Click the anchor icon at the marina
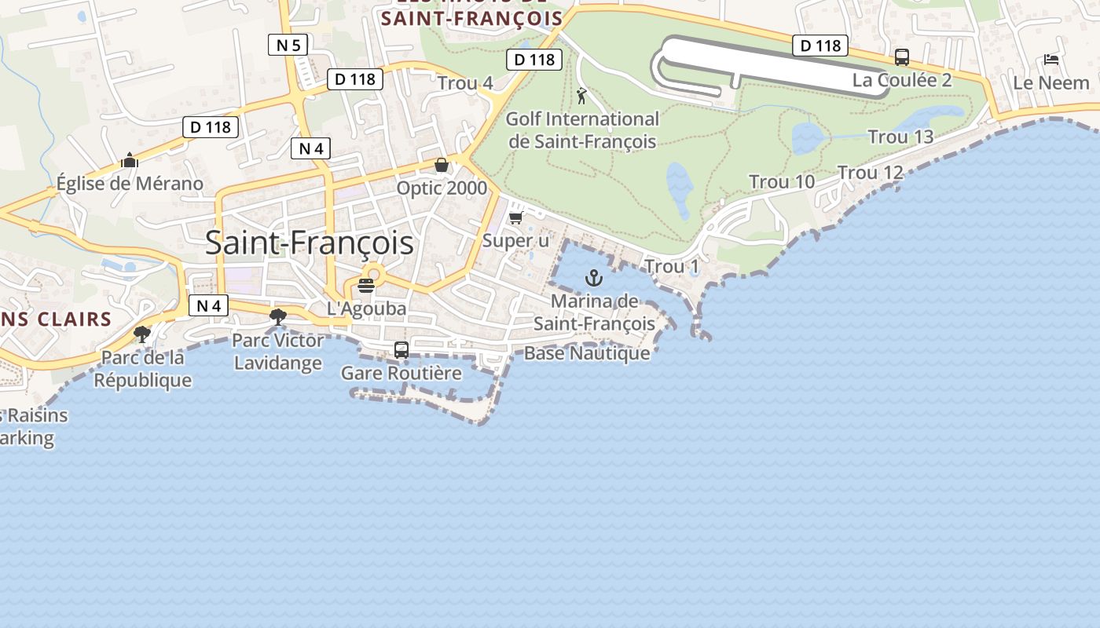594,278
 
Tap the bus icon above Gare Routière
401,350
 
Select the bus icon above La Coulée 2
902,57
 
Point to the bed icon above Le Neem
1051,60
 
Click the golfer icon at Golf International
581,97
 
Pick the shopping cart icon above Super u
516,218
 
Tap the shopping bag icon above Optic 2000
442,165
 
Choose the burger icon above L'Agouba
366,286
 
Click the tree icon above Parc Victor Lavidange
277,317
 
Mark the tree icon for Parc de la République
142,334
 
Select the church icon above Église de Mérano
130,161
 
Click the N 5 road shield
288,46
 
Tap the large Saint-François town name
310,243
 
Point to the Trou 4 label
465,83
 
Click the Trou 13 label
900,137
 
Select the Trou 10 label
782,182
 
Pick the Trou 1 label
672,267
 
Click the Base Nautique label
587,353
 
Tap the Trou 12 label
871,173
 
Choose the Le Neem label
1051,82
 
